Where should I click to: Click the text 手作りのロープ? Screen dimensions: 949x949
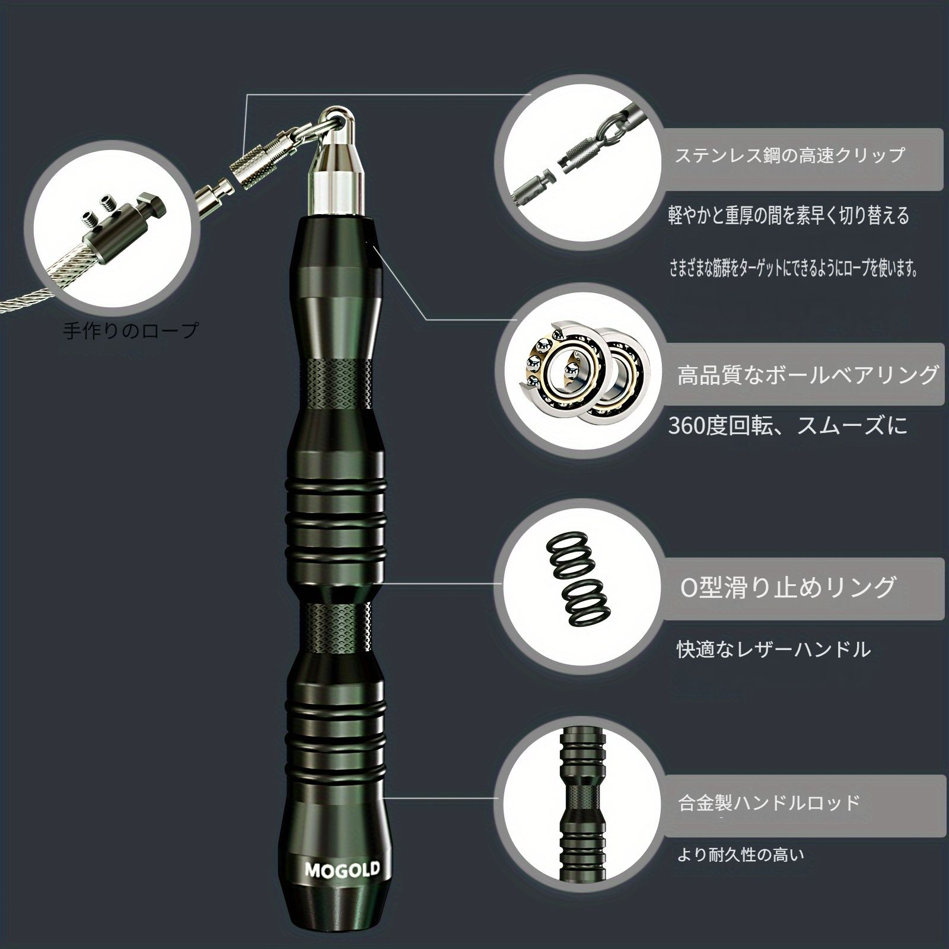click(x=130, y=330)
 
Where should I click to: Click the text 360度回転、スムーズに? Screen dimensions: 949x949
click(x=788, y=426)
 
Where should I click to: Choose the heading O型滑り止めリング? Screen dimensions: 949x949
click(x=787, y=587)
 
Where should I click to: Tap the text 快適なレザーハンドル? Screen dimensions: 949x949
click(x=774, y=649)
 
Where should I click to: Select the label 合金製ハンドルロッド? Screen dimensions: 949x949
click(x=769, y=803)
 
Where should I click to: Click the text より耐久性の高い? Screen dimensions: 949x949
click(x=741, y=855)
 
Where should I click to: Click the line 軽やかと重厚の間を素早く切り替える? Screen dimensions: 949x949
click(x=789, y=215)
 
